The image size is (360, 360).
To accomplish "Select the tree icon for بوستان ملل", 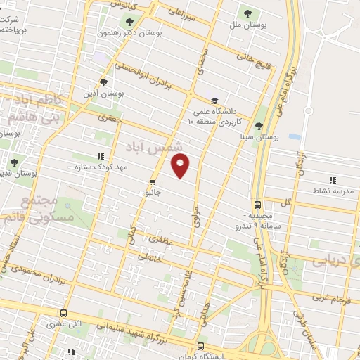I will pyautogui.click(x=247, y=13).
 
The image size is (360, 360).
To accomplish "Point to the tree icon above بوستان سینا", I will pyautogui.click(x=259, y=126).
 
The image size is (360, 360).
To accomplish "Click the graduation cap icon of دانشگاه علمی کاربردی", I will pyautogui.click(x=214, y=100).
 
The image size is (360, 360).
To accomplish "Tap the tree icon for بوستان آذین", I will pyautogui.click(x=104, y=81).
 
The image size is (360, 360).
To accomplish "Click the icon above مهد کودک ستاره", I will pyautogui.click(x=101, y=157).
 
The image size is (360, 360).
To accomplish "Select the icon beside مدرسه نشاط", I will pyautogui.click(x=331, y=180).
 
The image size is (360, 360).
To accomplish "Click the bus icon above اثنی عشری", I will pyautogui.click(x=64, y=314).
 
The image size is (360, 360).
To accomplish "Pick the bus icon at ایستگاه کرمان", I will pyautogui.click(x=201, y=346).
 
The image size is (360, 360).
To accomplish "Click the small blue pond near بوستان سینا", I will pyautogui.click(x=294, y=136).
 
